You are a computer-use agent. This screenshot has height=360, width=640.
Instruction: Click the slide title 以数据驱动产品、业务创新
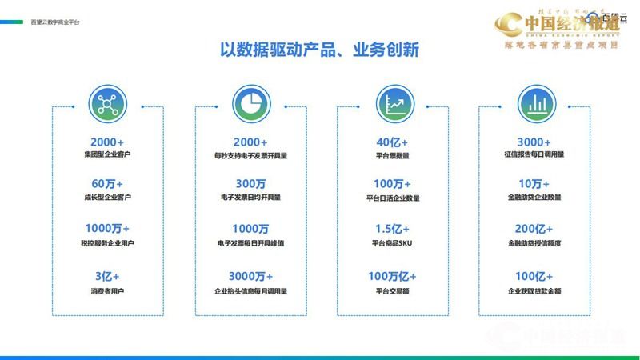319,50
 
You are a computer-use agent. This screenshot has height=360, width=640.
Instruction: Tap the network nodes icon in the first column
106,104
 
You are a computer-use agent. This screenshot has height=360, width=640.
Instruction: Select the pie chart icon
248,104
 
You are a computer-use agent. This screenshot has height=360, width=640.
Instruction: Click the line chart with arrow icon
390,104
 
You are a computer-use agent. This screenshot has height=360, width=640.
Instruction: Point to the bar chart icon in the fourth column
533,104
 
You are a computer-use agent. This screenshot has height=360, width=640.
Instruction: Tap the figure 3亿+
106,276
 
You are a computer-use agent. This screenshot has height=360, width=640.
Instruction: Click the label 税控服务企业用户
106,245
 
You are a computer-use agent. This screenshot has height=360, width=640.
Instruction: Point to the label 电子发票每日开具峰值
249,245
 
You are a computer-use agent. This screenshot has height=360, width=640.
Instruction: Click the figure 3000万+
249,276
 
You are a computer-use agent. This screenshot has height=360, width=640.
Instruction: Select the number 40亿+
391,142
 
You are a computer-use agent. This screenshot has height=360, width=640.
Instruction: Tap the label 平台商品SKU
391,245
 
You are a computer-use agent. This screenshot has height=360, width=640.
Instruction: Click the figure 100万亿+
391,276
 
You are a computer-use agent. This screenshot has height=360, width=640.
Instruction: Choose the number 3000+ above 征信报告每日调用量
534,142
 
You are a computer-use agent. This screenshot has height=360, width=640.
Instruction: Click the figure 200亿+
534,230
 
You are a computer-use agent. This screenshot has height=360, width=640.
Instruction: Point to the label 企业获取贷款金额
534,290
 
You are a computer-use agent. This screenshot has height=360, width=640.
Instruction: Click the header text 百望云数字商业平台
54,22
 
